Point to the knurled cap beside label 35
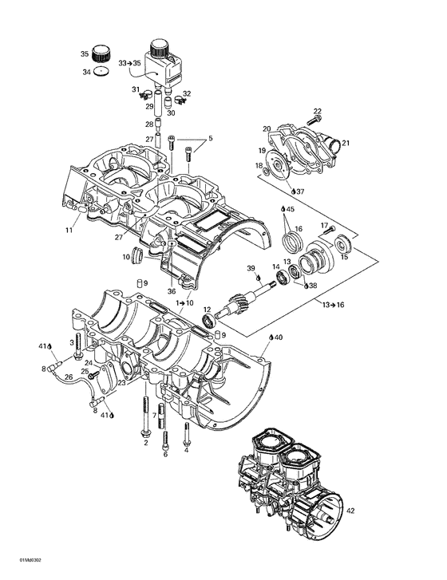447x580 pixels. [101, 55]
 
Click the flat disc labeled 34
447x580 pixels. [101, 72]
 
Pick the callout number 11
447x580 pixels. [69, 230]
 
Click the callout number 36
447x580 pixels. [171, 291]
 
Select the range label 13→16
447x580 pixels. [334, 306]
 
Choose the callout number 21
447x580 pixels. [346, 143]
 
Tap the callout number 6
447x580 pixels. [165, 455]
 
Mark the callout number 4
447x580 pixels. [187, 449]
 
